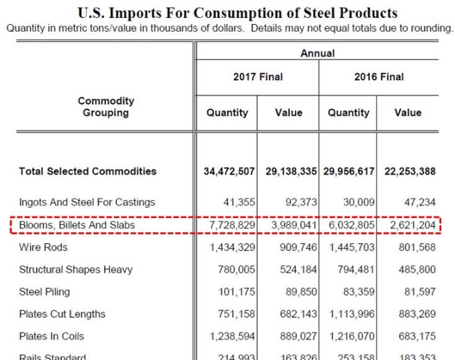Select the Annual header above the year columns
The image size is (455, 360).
pos(317,53)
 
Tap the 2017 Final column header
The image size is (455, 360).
pos(257,77)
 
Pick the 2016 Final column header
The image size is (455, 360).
pos(379,77)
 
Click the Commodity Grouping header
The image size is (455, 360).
pos(105,107)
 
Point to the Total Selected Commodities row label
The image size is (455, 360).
pos(88,171)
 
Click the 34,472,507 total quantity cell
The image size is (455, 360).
pos(230,171)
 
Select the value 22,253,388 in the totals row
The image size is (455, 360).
pos(407,171)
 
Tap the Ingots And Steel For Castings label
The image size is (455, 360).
pos(87,202)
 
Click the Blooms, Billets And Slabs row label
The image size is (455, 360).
pos(77,225)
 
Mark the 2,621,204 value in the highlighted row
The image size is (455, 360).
pos(411,225)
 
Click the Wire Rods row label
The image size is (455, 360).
pos(43,247)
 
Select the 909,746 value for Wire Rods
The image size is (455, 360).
pos(294,247)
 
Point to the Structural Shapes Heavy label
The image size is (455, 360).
pos(76,270)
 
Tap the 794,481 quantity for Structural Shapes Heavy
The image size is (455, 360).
pos(354,270)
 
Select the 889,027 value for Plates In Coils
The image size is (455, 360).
pos(294,337)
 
